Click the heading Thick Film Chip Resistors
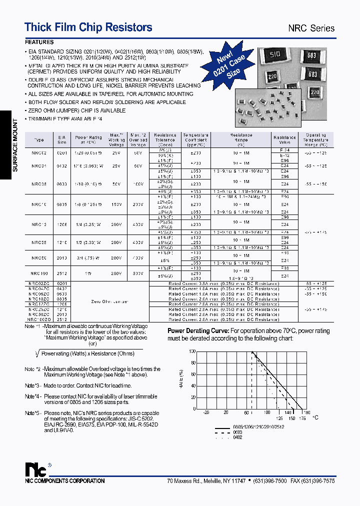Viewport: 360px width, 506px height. [x=88, y=27]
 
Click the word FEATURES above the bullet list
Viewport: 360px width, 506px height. [x=39, y=42]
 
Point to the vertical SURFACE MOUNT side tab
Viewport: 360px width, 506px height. [x=15, y=145]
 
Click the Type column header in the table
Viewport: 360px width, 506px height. [x=39, y=140]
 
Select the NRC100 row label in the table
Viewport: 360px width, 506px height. [x=39, y=274]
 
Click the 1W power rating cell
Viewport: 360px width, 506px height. [x=88, y=274]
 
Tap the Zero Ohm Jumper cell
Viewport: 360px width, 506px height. [x=110, y=302]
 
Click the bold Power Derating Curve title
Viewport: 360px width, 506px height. [x=197, y=331]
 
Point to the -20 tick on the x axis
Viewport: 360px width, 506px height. [x=206, y=412]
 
